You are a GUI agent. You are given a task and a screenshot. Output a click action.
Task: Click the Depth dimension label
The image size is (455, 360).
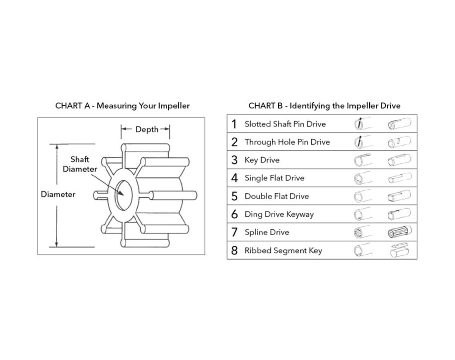click(x=147, y=130)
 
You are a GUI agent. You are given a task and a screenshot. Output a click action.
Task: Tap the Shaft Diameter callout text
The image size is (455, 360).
click(x=80, y=164)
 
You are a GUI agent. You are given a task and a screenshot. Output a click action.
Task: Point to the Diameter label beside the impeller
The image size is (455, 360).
click(x=58, y=194)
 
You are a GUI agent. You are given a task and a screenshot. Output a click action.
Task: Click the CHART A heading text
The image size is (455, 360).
click(x=122, y=106)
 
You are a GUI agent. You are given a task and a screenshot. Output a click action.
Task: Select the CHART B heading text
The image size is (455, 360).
click(x=324, y=106)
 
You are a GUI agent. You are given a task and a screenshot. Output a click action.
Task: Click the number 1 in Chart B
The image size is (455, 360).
click(x=234, y=124)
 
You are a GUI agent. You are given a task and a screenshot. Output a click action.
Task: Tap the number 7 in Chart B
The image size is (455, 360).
click(x=234, y=232)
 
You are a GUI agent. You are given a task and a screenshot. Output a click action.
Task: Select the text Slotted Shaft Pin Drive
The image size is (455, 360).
click(x=285, y=124)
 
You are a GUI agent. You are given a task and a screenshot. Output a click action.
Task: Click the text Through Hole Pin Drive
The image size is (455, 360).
click(x=287, y=142)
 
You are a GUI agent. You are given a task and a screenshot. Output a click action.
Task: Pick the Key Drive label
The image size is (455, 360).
click(x=262, y=160)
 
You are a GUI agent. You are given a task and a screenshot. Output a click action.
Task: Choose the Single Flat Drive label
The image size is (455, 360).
click(x=274, y=178)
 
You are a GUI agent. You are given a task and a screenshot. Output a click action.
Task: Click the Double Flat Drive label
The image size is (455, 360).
click(x=276, y=196)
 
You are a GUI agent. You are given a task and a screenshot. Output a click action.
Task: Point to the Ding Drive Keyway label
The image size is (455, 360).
click(x=279, y=214)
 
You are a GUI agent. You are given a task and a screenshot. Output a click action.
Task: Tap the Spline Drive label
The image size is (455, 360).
click(x=267, y=232)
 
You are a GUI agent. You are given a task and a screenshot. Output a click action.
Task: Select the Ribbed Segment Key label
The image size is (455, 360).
click(x=283, y=250)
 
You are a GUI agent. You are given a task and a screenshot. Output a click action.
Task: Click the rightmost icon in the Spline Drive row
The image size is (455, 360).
click(x=400, y=232)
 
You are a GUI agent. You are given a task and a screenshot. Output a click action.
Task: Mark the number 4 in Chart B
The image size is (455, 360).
click(x=234, y=178)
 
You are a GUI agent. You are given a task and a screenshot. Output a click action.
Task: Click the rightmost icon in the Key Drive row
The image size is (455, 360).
click(x=400, y=160)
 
